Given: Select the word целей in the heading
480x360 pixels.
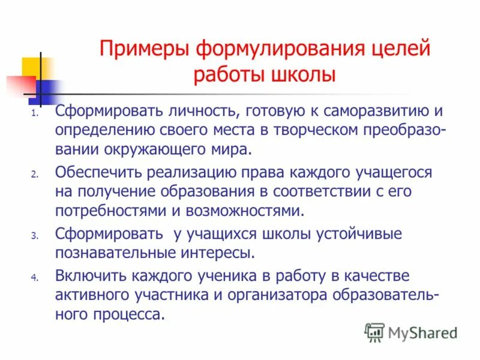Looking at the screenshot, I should click(401, 48).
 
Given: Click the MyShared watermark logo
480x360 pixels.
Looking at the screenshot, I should click(412, 332).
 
